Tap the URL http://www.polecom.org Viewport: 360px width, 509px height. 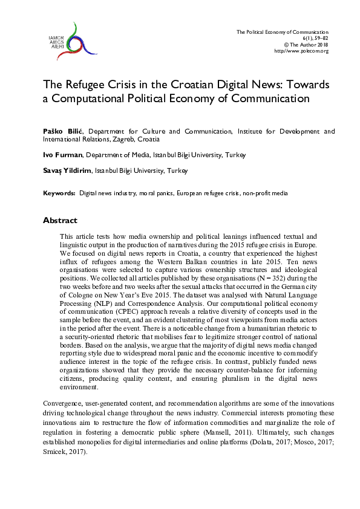click(301, 51)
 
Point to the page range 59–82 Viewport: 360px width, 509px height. click(319, 38)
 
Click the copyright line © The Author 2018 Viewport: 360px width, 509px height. click(306, 45)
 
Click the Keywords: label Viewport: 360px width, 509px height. click(59, 193)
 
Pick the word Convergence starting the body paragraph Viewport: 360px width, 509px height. click(63, 402)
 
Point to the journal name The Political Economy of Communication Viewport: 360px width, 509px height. click(282, 31)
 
